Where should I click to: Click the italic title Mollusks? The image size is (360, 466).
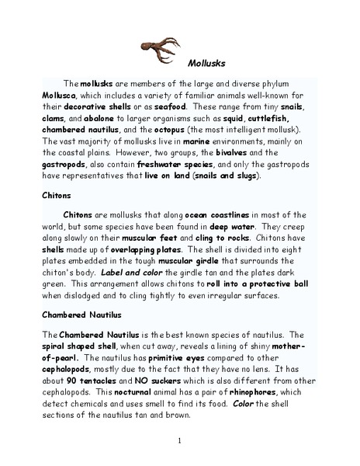pos(206,65)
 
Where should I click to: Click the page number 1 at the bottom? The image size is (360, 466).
pos(179,440)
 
